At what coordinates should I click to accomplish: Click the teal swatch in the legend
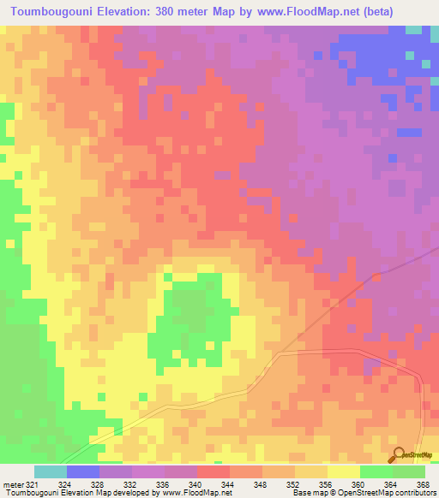click(51, 471)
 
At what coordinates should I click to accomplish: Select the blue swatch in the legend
click(83, 471)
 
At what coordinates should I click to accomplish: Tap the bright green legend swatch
click(376, 471)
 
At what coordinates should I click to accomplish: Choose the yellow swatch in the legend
click(343, 471)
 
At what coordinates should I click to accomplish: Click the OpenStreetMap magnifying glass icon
click(398, 454)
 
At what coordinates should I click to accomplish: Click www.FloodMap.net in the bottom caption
click(195, 493)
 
